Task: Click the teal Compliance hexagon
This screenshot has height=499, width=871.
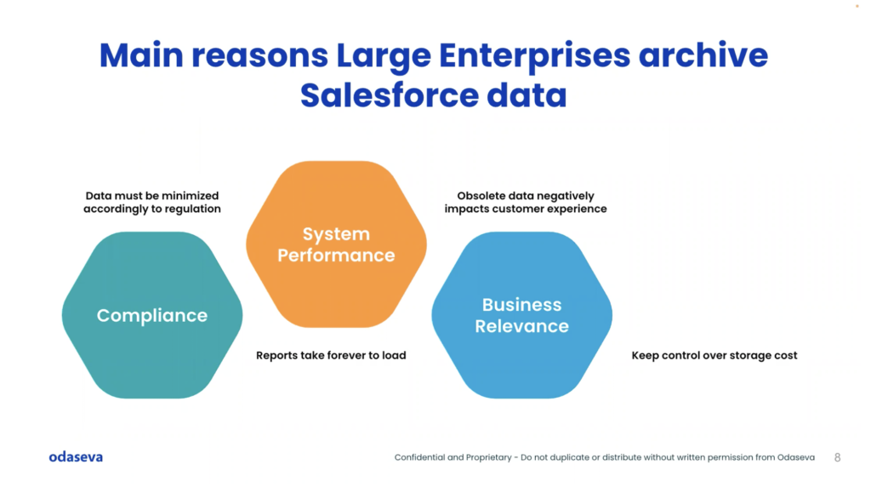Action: [x=152, y=315]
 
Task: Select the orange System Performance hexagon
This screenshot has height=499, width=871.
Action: [x=336, y=244]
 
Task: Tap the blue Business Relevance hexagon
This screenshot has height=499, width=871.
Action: [x=521, y=315]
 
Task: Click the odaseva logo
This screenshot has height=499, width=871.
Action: [x=76, y=456]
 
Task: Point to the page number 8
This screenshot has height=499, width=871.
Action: [x=837, y=457]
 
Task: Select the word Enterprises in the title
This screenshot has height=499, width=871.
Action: [x=534, y=56]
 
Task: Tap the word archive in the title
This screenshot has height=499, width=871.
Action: [x=703, y=55]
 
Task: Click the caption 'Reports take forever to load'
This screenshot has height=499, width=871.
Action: [x=331, y=355]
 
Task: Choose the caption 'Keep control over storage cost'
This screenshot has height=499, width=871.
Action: [x=714, y=355]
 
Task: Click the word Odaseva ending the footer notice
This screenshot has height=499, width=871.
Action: [x=796, y=457]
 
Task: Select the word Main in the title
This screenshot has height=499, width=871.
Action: [x=141, y=55]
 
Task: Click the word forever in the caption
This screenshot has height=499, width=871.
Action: [x=348, y=355]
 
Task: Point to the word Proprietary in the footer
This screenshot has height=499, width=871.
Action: [x=489, y=458]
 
